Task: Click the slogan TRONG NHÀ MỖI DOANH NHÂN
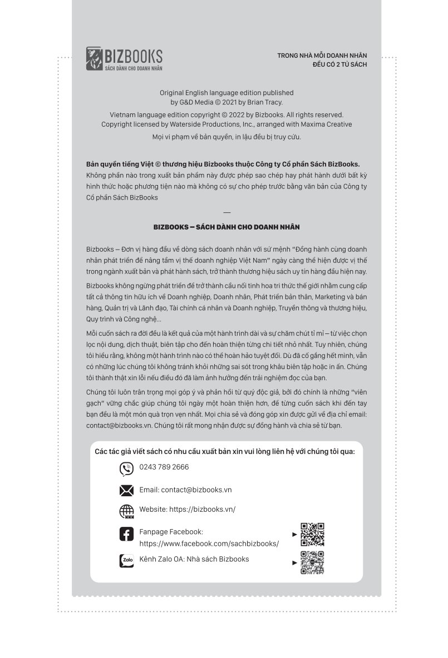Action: coord(322,56)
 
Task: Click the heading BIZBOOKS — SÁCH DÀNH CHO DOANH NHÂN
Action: coord(227,227)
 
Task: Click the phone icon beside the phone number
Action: coord(126,469)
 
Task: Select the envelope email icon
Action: coord(126,490)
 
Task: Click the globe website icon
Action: coord(126,511)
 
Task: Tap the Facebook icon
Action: coord(126,534)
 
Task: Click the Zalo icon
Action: coord(126,561)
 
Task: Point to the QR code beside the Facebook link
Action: coord(312,535)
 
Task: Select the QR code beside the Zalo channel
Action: coord(312,562)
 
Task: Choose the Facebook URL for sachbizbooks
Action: coord(209,544)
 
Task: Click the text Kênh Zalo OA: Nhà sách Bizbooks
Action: coord(194,559)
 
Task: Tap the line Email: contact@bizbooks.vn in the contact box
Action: coord(185,490)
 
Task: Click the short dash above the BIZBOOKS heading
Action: coord(226,212)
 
